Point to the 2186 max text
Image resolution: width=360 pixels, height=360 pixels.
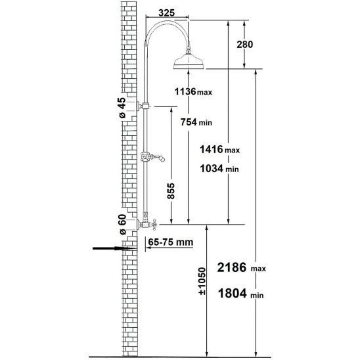[x=243, y=268]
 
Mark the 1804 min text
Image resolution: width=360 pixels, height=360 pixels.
[x=243, y=295]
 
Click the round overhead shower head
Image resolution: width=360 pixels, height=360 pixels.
[x=191, y=64]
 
